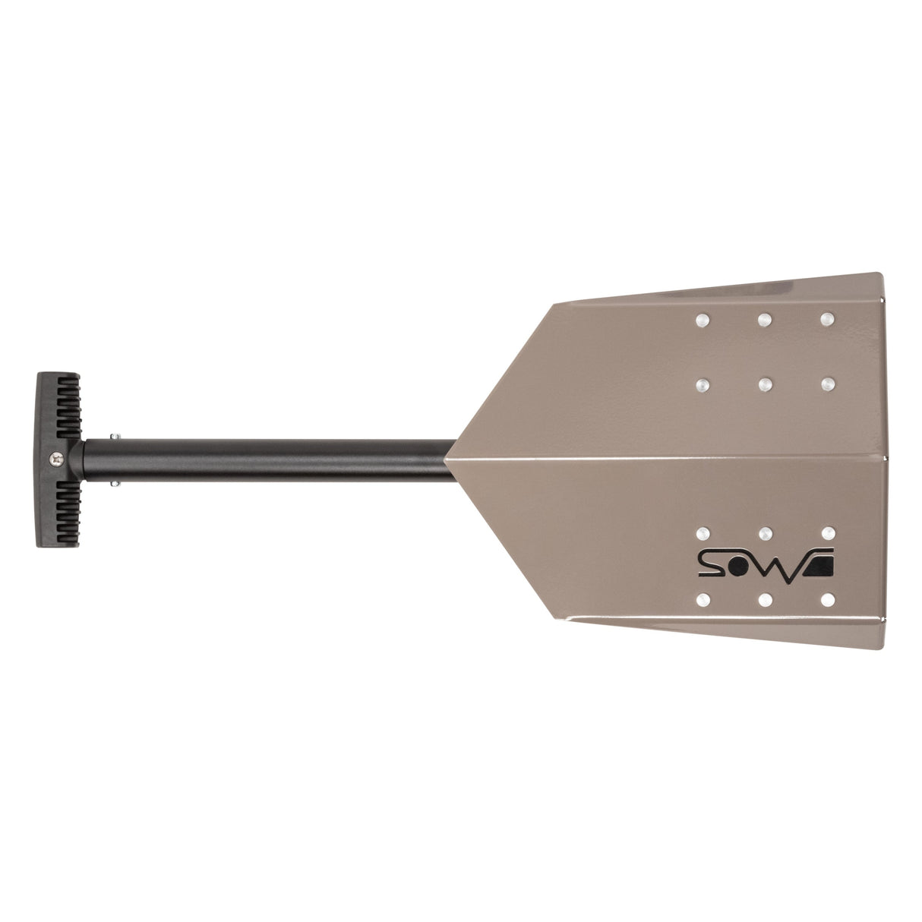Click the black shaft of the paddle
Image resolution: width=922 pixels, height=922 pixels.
pyautogui.click(x=266, y=459)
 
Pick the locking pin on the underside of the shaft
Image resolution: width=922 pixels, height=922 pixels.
pyautogui.click(x=114, y=482)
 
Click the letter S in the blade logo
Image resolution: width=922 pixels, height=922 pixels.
pyautogui.click(x=711, y=564)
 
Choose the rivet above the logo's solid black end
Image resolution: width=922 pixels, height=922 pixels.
pyautogui.click(x=829, y=532)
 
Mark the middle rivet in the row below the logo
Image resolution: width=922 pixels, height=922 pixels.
pyautogui.click(x=766, y=600)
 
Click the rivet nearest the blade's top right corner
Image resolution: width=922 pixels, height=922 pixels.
pyautogui.click(x=826, y=318)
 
